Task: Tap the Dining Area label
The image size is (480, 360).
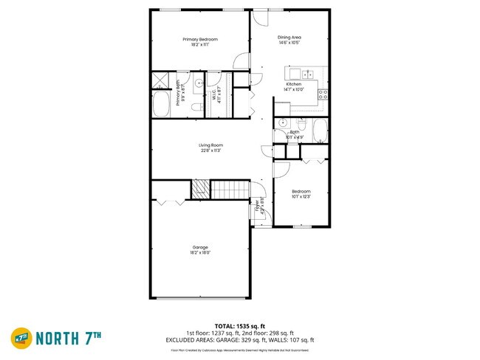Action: [289, 38]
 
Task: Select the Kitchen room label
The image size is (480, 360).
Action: [294, 85]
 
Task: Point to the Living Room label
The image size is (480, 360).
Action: [210, 145]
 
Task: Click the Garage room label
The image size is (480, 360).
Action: [200, 246]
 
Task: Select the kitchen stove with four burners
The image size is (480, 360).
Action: [323, 94]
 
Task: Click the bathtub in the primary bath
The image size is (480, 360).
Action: [162, 104]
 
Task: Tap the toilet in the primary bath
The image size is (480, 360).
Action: [196, 108]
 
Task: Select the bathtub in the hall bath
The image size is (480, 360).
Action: [320, 132]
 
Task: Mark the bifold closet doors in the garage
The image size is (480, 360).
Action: [171, 201]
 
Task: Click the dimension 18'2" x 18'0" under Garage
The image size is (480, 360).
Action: [200, 252]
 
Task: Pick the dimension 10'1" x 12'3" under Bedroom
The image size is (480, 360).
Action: [301, 197]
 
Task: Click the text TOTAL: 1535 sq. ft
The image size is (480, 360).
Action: [240, 325]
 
